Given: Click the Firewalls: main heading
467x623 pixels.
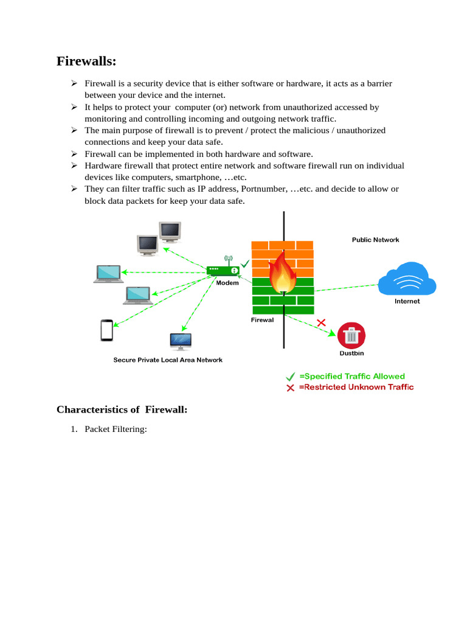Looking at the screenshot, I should click(86, 61).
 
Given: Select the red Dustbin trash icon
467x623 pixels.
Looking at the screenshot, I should click(351, 335).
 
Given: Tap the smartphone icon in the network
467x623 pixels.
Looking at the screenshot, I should click(107, 330).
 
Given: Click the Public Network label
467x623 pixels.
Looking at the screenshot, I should click(375, 240).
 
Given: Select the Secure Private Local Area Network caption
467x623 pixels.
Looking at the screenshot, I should click(168, 360).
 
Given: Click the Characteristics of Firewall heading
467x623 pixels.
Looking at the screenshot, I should click(122, 409).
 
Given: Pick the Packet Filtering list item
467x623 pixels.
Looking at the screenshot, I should click(116, 430).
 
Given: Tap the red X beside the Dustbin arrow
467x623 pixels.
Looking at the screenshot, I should click(321, 322).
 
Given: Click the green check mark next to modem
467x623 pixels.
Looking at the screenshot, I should click(244, 264).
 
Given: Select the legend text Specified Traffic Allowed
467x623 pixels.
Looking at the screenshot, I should click(351, 377).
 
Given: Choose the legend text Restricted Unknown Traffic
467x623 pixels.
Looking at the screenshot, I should click(356, 387).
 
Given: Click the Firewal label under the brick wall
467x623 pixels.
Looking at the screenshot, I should click(262, 319).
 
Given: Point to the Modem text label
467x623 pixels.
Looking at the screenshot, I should click(227, 283).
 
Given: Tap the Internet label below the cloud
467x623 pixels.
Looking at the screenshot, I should click(407, 301).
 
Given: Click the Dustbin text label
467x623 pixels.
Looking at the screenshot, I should click(351, 353).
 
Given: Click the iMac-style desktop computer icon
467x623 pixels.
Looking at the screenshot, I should click(181, 341).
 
